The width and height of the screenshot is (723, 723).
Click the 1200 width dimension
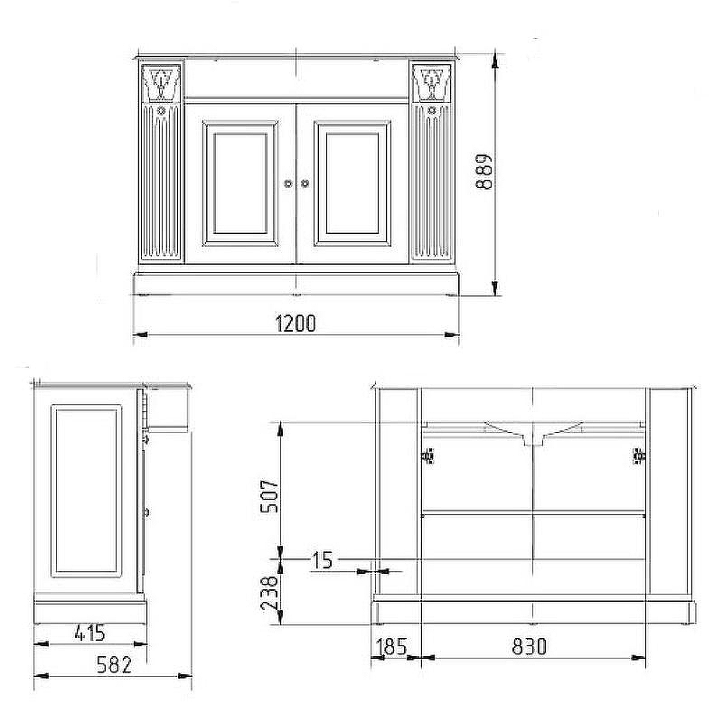point(296,323)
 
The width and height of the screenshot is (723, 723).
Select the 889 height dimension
point(484,172)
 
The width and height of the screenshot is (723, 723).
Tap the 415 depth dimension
point(89,633)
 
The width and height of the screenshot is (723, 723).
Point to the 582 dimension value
point(114,664)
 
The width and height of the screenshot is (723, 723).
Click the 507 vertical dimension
point(269,496)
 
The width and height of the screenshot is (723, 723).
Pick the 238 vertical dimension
point(269,593)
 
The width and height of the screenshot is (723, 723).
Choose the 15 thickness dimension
point(323,560)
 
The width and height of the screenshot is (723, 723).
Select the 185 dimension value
point(391,646)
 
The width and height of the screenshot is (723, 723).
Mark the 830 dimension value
point(530,646)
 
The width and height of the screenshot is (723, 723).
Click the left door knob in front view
point(288,183)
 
